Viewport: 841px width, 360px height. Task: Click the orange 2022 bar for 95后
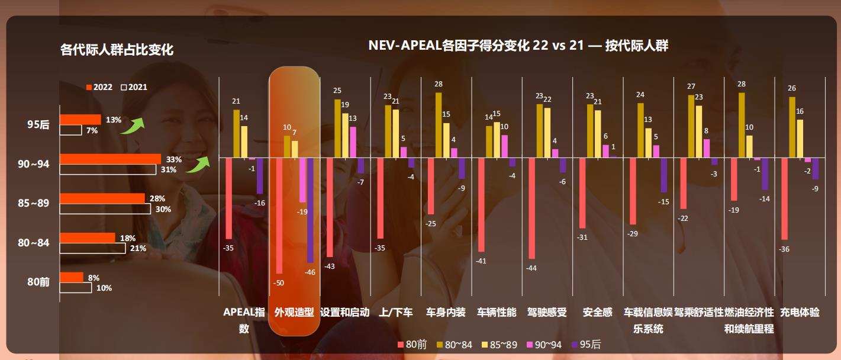click(x=80, y=119)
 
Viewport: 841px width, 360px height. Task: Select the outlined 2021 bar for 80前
click(x=76, y=288)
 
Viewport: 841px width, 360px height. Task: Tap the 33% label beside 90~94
click(x=174, y=159)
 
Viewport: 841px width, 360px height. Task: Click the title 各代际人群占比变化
click(x=117, y=50)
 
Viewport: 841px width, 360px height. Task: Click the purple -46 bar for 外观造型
click(x=310, y=210)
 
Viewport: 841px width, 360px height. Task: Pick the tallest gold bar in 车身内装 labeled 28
click(x=439, y=125)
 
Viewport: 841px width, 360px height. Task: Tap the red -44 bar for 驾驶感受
click(x=531, y=208)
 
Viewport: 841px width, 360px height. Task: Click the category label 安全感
click(x=597, y=312)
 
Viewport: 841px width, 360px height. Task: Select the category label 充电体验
click(x=800, y=312)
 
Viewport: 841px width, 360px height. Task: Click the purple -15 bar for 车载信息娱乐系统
click(x=664, y=175)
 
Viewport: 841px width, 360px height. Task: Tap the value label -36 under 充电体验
click(x=784, y=249)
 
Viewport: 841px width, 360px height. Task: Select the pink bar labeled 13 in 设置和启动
click(x=353, y=142)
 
